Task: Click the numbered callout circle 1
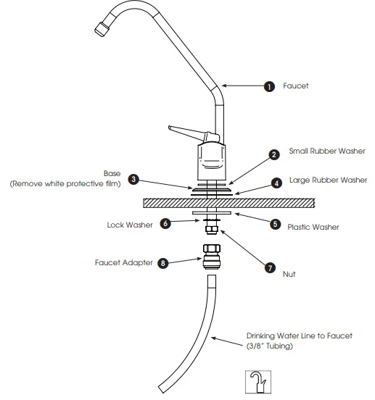point(269,87)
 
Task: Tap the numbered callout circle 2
point(274,154)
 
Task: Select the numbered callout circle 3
point(133,178)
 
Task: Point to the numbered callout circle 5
point(275,224)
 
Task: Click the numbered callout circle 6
point(165,224)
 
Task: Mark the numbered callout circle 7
point(271,267)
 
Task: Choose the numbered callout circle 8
point(164,263)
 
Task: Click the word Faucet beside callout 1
point(297,86)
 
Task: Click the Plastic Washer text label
point(314,227)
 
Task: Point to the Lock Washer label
point(130,225)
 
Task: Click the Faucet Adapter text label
point(123,263)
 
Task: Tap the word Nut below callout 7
point(289,275)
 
